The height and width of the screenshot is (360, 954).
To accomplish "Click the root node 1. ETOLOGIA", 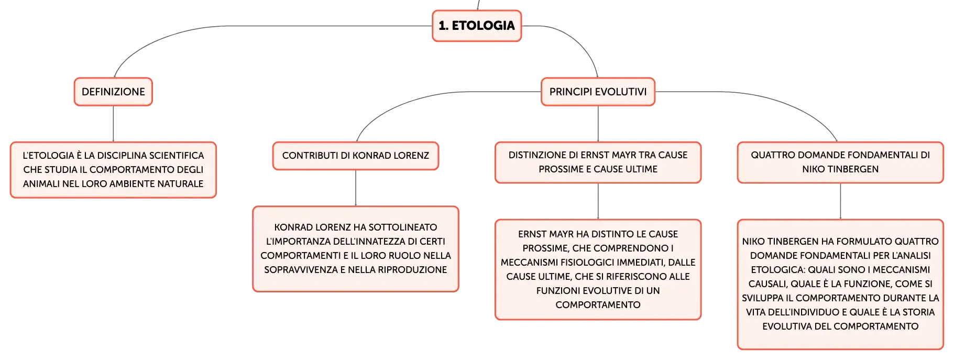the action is [477, 26].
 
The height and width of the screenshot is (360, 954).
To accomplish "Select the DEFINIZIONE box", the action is [113, 92].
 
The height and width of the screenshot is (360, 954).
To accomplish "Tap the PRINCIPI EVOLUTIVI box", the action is [598, 92].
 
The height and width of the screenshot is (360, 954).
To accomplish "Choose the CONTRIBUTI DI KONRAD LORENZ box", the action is [356, 156].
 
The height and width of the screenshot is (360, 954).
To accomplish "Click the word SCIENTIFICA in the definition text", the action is [177, 156].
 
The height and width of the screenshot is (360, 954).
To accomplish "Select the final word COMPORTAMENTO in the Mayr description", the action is [598, 305].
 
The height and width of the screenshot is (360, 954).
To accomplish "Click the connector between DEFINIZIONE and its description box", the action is [113, 124].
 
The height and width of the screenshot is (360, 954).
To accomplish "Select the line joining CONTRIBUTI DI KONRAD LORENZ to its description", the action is [356, 188].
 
